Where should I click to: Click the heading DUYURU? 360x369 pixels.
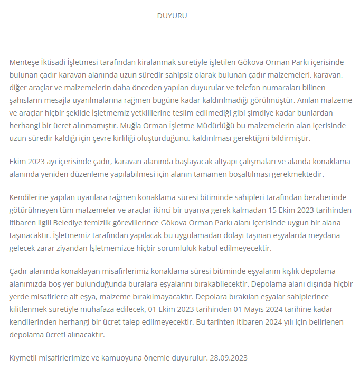tap(172, 16)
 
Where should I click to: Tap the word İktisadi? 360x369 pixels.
tap(57, 62)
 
